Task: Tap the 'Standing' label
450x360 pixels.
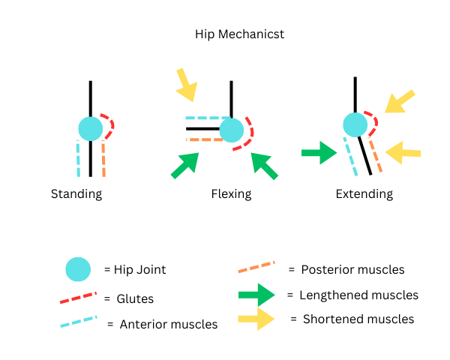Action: pos(76,194)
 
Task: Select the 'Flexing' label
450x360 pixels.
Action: pos(231,194)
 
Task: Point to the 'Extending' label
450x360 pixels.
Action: pos(364,194)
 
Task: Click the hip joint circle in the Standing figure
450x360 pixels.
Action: pos(90,128)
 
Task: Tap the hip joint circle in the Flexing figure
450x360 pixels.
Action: pos(232,130)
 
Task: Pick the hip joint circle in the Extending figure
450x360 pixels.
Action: pos(355,124)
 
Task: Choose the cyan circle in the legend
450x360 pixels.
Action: pos(78,269)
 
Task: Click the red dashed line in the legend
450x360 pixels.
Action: pos(78,298)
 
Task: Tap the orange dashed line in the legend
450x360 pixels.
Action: pos(256,268)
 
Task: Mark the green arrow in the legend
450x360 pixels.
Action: pos(256,295)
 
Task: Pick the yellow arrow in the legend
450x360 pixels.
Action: pos(256,319)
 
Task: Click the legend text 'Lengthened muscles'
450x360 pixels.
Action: pos(358,295)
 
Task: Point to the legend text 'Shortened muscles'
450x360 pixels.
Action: pos(358,319)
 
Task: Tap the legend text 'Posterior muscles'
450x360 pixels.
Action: pos(352,269)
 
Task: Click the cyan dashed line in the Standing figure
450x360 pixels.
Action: pos(78,158)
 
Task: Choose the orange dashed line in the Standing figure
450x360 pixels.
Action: pos(103,158)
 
